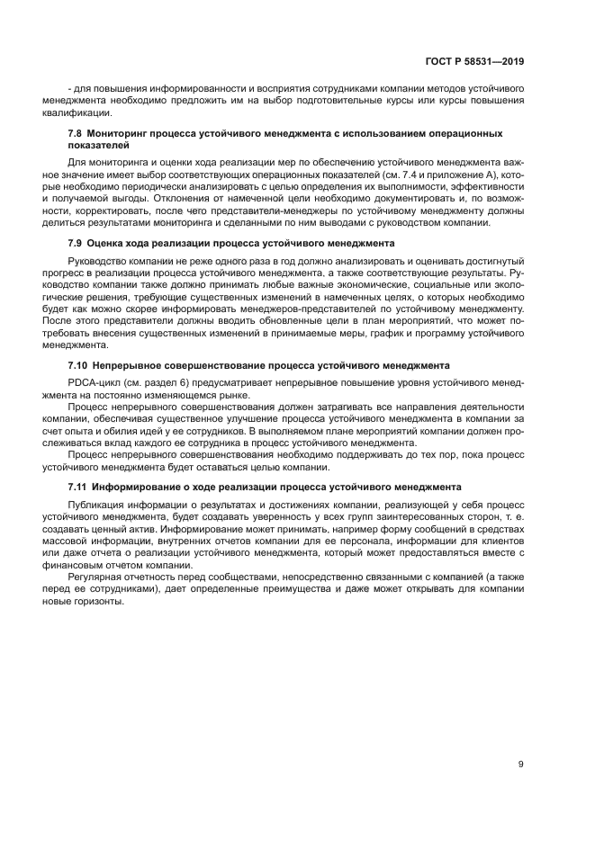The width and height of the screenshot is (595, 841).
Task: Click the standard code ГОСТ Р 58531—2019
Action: coord(474,61)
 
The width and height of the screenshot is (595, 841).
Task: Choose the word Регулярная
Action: coord(95,577)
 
